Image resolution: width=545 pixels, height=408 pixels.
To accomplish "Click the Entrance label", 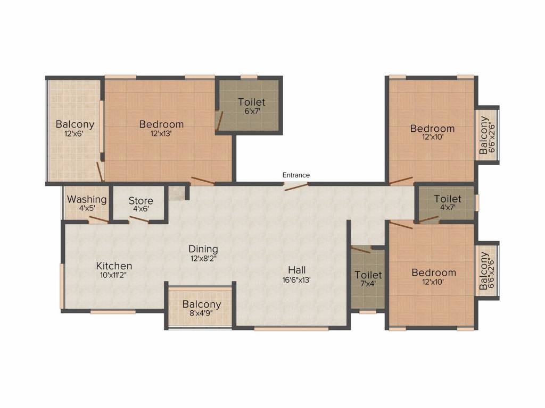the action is click(296, 175).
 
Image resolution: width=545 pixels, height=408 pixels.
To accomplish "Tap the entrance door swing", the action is click(296, 186).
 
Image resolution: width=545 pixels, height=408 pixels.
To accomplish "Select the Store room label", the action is click(141, 201).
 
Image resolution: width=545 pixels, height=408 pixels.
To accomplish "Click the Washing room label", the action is click(87, 200).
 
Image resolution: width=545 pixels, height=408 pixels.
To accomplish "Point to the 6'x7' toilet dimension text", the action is click(252, 112).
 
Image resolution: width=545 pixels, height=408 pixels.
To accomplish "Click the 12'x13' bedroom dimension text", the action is click(161, 133).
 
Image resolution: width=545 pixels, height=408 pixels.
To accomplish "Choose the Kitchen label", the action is click(114, 266).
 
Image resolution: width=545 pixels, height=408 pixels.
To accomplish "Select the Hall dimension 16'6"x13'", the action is click(296, 279).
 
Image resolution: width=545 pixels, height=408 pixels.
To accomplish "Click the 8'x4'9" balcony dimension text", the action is click(202, 313).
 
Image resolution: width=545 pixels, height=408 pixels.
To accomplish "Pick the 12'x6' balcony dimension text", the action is click(74, 133).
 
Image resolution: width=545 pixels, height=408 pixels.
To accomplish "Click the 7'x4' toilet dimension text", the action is click(368, 283).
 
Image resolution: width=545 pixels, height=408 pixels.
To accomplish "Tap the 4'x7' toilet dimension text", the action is click(448, 208).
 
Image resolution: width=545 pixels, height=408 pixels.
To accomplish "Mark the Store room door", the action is click(139, 220).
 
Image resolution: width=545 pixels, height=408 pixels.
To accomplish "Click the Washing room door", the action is click(98, 220).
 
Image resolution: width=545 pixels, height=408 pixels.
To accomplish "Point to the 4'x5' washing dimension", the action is click(87, 208).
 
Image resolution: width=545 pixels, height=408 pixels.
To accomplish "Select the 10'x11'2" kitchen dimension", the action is click(114, 276).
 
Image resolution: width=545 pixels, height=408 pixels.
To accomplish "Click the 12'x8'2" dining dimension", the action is click(203, 259).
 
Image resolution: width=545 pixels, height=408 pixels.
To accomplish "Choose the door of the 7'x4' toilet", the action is click(361, 250).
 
